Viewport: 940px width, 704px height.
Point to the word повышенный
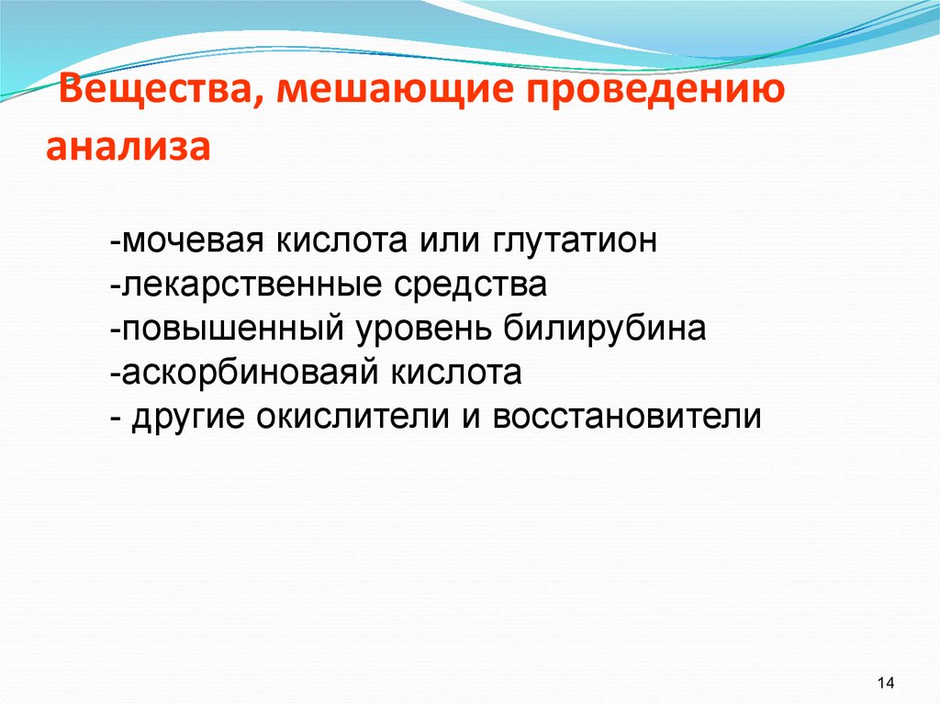(x=229, y=329)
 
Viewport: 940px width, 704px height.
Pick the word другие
(x=188, y=416)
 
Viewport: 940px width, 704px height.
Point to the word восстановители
(x=627, y=416)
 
